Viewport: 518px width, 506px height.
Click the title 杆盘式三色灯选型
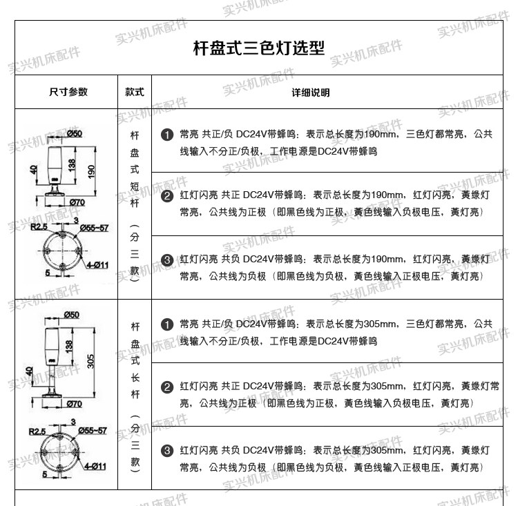(x=259, y=48)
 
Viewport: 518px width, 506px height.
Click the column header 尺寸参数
(x=68, y=93)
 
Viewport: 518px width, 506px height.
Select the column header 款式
(x=135, y=93)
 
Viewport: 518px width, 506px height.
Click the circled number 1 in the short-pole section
(x=166, y=134)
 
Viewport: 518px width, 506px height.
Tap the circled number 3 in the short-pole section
(x=166, y=260)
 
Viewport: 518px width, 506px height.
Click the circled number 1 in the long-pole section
(x=166, y=324)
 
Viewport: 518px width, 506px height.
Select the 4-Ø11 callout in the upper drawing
(x=97, y=264)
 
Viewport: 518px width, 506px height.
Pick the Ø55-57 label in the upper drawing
(x=94, y=226)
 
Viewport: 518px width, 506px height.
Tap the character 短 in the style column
(x=135, y=186)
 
